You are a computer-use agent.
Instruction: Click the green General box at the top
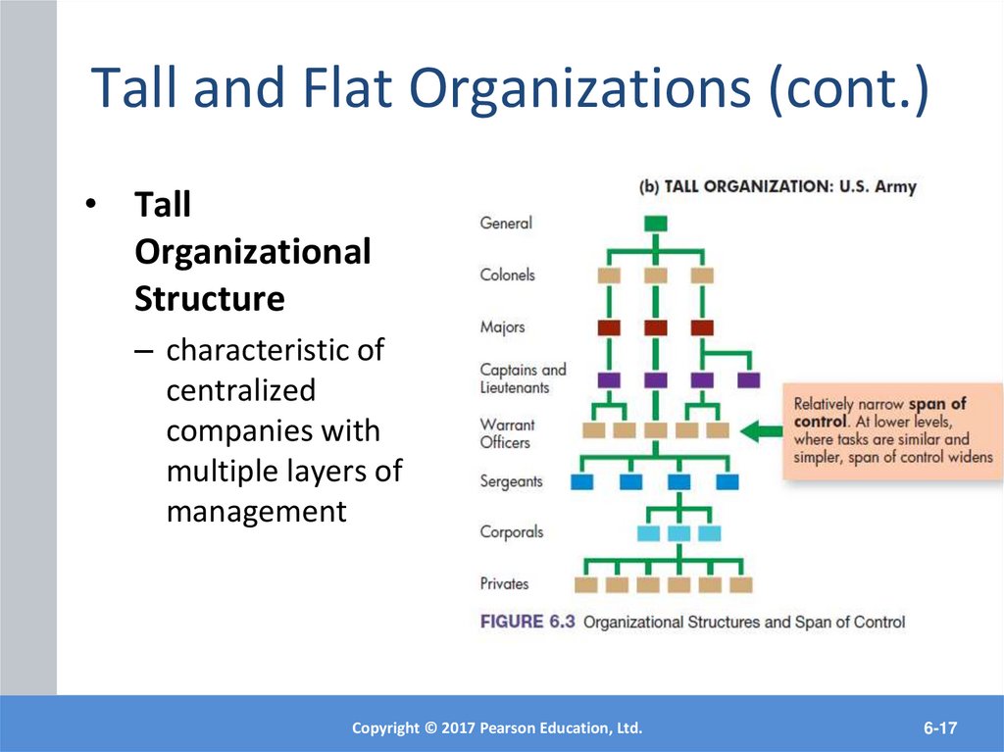click(656, 224)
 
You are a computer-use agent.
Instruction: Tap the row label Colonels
click(507, 275)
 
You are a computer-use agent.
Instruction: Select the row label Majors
click(502, 326)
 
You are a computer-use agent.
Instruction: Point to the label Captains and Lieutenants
click(523, 378)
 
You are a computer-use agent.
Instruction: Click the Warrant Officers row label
click(507, 433)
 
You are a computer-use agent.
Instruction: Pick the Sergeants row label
click(511, 481)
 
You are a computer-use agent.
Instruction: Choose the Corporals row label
click(511, 532)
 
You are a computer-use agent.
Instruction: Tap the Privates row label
click(504, 583)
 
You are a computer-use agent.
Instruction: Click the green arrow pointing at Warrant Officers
click(760, 429)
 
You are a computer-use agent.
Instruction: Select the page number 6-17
click(939, 727)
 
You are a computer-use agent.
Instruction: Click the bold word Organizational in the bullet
click(252, 252)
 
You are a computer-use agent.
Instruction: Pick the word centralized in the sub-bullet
click(241, 390)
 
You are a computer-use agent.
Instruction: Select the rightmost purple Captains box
click(748, 379)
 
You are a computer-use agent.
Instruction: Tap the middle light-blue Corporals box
click(679, 533)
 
